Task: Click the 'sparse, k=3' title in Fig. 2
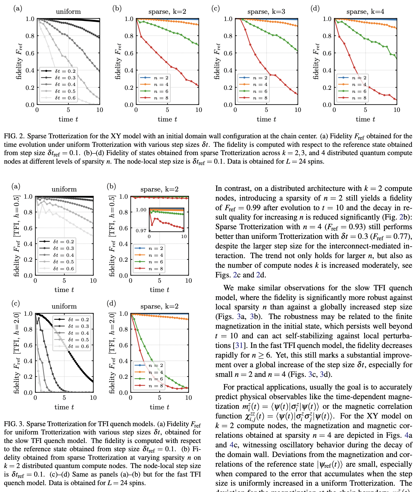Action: [266, 12]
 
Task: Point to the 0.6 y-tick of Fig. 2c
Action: [228, 53]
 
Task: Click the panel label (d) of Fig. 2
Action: [315, 9]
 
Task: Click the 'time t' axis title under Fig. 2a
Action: [68, 119]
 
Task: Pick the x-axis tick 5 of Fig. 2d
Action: [365, 110]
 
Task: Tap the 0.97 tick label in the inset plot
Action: [141, 230]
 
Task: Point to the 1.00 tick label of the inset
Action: [141, 210]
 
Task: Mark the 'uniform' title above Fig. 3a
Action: [64, 189]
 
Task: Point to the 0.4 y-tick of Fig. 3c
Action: [28, 361]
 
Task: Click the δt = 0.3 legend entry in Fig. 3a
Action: [63, 248]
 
